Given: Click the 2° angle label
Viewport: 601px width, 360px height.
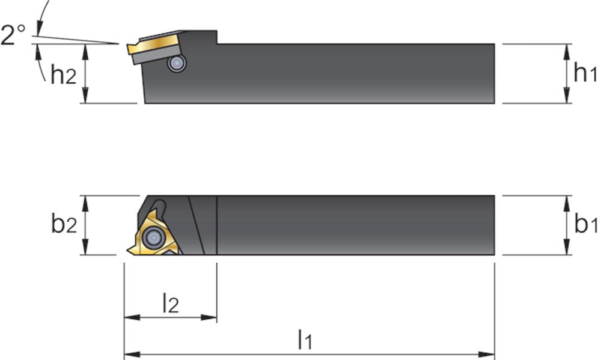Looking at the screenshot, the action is [x=13, y=35].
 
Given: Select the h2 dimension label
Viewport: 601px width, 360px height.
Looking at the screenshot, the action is [x=64, y=73].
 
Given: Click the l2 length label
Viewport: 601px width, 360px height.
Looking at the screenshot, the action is [x=171, y=302].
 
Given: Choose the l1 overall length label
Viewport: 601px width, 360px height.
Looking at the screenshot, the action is [x=305, y=340].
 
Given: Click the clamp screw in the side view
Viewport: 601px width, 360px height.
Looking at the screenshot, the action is [x=177, y=63].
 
